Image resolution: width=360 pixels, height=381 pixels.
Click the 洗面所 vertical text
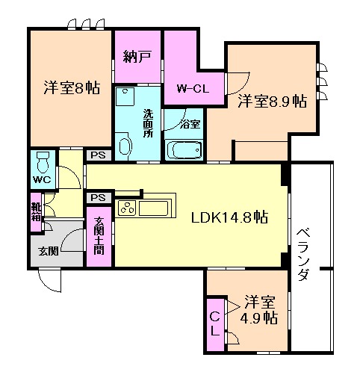pos(148,123)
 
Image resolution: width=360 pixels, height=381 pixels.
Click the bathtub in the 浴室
pos(183,149)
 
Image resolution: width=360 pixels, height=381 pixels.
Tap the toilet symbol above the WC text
pos(43,160)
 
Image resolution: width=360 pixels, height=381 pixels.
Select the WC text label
pos(42,180)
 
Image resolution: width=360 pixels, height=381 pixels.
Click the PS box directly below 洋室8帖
pos(97,155)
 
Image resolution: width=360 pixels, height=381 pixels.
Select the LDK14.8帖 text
pos(229,218)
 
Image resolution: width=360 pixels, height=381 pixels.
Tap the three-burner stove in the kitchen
pos(126,208)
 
